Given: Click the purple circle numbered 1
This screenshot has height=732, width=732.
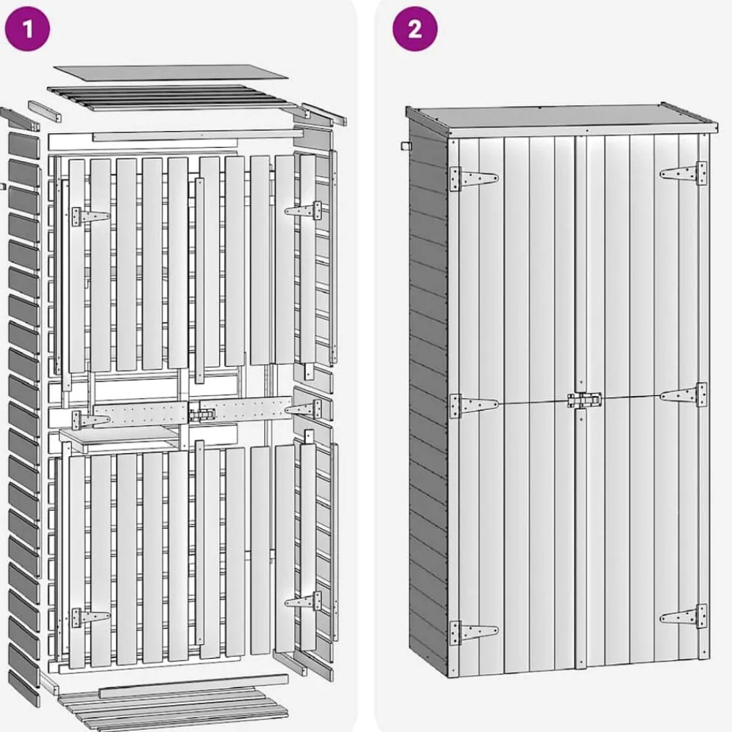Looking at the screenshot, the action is [27, 29].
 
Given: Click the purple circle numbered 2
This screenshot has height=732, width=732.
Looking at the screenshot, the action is [414, 29].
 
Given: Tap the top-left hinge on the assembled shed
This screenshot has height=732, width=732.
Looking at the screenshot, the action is [474, 179].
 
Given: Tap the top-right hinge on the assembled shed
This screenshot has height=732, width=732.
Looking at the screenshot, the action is [684, 173].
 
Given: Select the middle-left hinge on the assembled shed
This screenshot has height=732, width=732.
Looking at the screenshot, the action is [474, 406].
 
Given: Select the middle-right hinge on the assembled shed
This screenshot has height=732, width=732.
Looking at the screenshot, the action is [684, 395].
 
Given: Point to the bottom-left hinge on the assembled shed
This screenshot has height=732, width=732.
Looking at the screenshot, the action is [474, 633].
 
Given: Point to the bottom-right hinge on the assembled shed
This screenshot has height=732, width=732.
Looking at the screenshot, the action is [684, 616].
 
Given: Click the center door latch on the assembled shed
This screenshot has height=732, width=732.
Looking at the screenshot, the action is [584, 400].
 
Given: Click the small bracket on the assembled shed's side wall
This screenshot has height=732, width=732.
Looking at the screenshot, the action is [406, 146].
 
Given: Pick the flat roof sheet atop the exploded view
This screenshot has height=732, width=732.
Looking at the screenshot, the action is [171, 72].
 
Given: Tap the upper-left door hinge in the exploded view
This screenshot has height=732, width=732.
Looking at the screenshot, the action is [90, 217].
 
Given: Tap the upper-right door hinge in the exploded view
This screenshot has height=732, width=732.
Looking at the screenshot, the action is [303, 211].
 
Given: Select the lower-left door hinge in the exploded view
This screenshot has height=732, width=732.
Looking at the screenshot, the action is [90, 618].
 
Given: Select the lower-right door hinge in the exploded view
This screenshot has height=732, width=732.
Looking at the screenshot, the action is [303, 601].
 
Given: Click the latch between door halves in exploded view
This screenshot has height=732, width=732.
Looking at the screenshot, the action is [202, 415].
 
